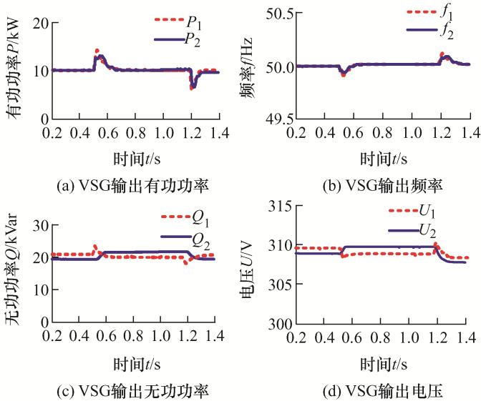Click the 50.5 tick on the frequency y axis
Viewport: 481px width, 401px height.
click(x=278, y=13)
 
